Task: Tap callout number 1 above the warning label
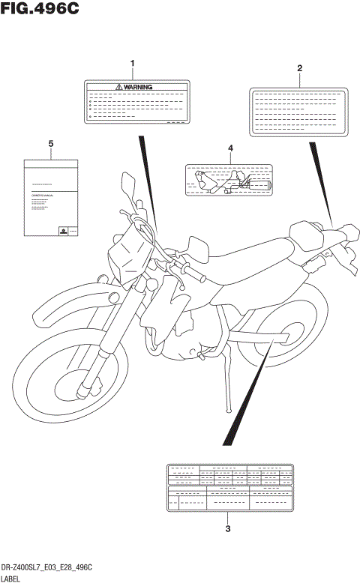(133, 63)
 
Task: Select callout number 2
(299, 68)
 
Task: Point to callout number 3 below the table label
(228, 529)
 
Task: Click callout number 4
(231, 148)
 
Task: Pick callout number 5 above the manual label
(50, 142)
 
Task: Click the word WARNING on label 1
(138, 87)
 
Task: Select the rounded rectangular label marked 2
(299, 113)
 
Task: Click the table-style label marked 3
(229, 488)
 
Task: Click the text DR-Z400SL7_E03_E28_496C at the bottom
(48, 569)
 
